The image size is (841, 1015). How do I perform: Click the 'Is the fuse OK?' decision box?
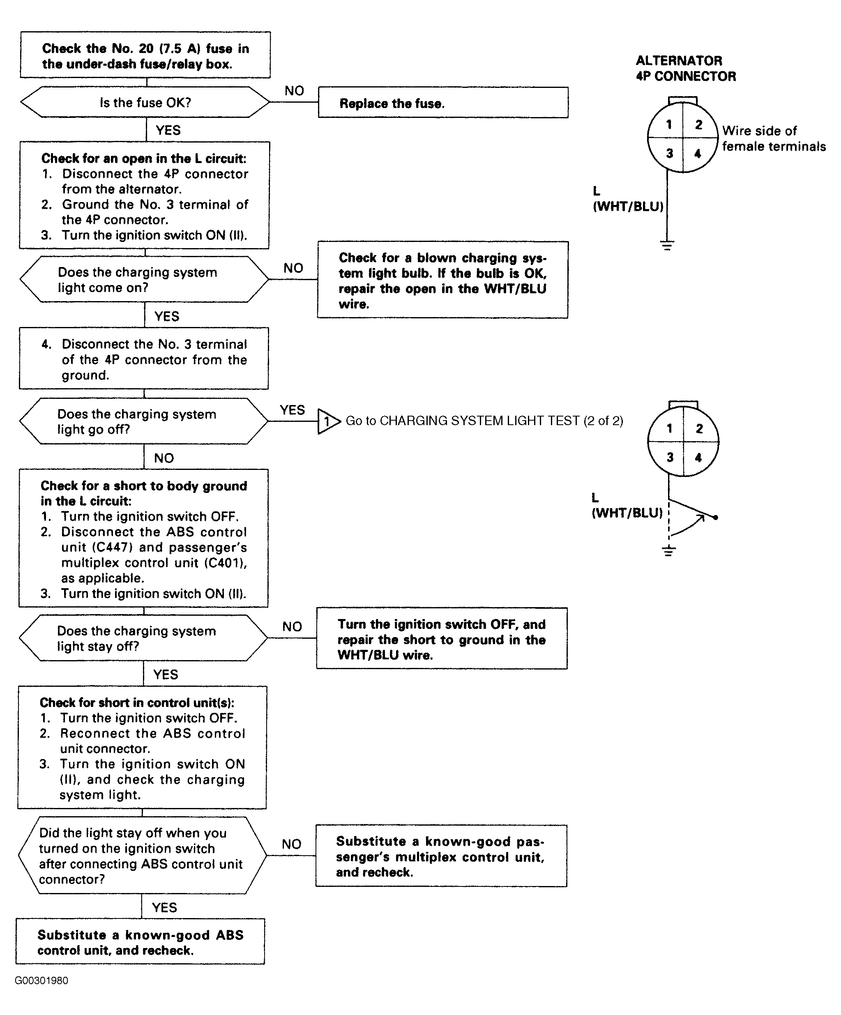pos(145,102)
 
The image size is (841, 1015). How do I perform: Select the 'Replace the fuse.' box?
pos(443,102)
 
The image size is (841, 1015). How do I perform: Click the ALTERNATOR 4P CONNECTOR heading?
pos(685,68)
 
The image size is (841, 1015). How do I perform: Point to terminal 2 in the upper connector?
pos(699,125)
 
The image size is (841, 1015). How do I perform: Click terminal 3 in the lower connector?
pos(670,457)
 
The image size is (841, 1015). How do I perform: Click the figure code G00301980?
pos(41,980)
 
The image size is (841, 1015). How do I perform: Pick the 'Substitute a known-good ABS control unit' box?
pos(140,941)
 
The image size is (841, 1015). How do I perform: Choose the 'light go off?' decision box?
pos(143,421)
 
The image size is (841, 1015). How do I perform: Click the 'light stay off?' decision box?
pos(143,638)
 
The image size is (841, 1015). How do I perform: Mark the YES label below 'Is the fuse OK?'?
pos(168,130)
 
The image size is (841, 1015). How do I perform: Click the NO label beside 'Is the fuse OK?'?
pos(294,91)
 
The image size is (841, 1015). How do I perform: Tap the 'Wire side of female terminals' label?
pos(774,139)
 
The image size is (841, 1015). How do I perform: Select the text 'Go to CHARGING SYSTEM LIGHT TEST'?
pos(462,421)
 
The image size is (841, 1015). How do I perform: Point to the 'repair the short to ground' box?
pos(442,638)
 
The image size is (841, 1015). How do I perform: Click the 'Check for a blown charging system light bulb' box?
pos(442,280)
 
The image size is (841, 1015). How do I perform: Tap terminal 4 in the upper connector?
pos(698,154)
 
